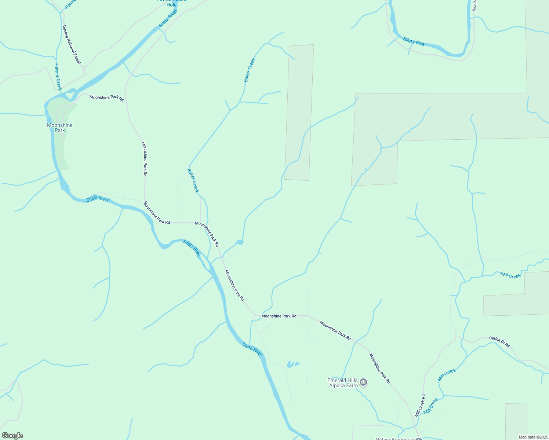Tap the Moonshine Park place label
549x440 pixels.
[60, 128]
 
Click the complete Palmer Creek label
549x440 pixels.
[58, 76]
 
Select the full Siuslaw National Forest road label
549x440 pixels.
[71, 44]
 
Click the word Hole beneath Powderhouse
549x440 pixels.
[171, 5]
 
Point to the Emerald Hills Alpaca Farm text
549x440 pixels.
[343, 383]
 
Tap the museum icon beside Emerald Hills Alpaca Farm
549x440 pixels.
[363, 383]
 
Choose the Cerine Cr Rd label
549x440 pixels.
[499, 342]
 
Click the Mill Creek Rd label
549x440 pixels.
[420, 405]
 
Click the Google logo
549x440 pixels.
[12, 436]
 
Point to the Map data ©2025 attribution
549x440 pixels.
[533, 437]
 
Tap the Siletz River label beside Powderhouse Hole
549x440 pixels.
[168, 19]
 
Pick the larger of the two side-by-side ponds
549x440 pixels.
[290, 364]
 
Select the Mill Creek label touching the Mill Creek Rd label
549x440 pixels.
[431, 406]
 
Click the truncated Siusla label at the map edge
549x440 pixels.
[474, 5]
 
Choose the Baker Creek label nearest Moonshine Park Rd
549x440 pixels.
[193, 180]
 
